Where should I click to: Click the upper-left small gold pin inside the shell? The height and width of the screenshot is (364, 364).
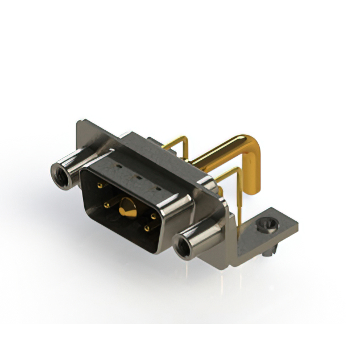click(100, 185)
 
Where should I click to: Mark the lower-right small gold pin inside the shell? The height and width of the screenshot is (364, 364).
click(147, 228)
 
